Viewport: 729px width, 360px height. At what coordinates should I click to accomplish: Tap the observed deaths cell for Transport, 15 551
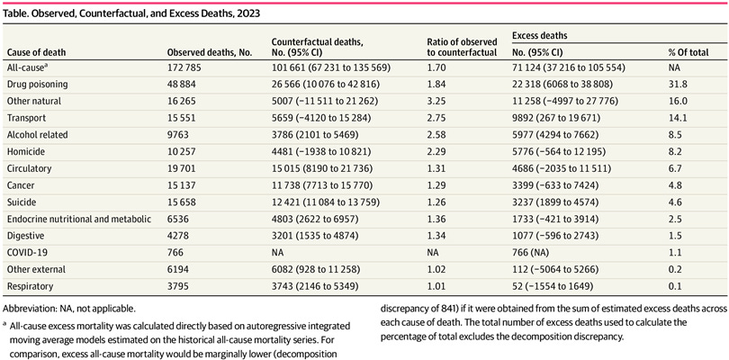[x=185, y=117]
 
